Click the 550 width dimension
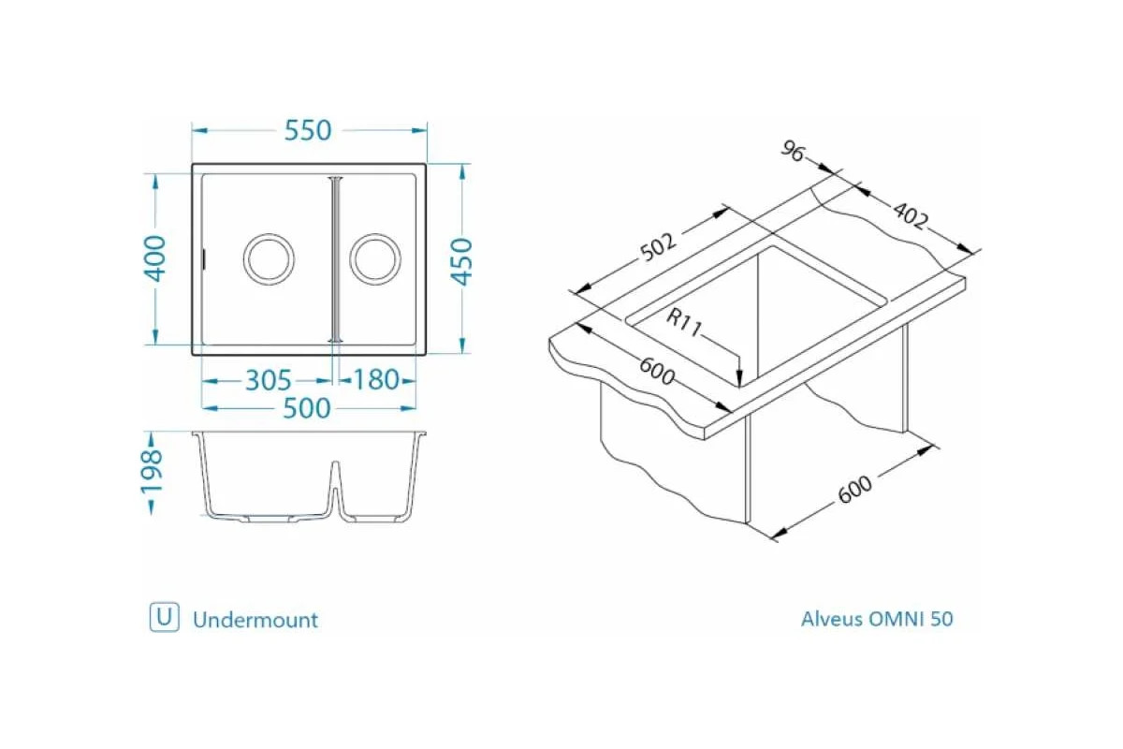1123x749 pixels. (308, 131)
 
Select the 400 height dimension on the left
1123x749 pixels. (155, 258)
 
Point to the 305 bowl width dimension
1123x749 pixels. (268, 381)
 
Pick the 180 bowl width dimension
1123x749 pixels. (375, 381)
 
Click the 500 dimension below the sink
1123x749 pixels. (308, 408)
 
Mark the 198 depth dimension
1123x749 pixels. (152, 472)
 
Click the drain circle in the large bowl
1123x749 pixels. (269, 258)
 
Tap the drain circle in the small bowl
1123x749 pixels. (375, 258)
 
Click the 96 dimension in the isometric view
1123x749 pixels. (794, 152)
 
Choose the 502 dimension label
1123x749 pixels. (658, 247)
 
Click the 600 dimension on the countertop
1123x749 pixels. (657, 371)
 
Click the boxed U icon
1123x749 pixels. (164, 618)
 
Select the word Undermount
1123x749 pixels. (255, 620)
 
